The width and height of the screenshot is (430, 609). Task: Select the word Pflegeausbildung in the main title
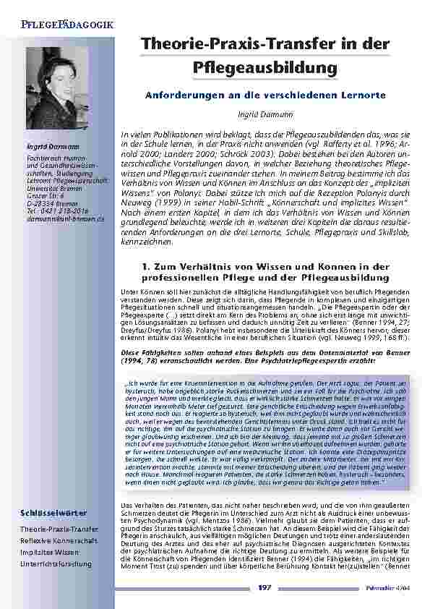click(x=266, y=67)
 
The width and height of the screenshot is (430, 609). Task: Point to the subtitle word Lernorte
click(x=361, y=95)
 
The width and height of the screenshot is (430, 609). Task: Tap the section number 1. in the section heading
click(x=147, y=267)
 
